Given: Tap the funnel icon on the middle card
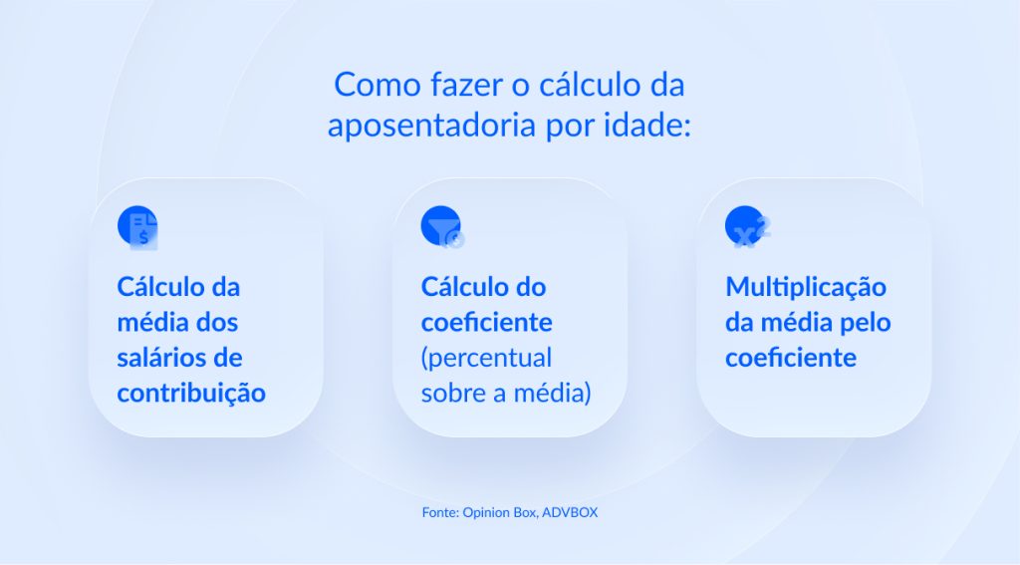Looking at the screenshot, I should [442, 227].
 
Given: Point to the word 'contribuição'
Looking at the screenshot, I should [191, 393].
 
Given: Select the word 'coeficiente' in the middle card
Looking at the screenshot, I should [486, 323].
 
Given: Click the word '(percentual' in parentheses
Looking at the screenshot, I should [486, 358].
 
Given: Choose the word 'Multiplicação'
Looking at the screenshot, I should [805, 287].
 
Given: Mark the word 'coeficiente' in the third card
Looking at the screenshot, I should [790, 358].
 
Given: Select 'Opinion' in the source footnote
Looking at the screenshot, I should [488, 512].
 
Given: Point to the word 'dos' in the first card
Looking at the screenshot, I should [216, 323].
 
